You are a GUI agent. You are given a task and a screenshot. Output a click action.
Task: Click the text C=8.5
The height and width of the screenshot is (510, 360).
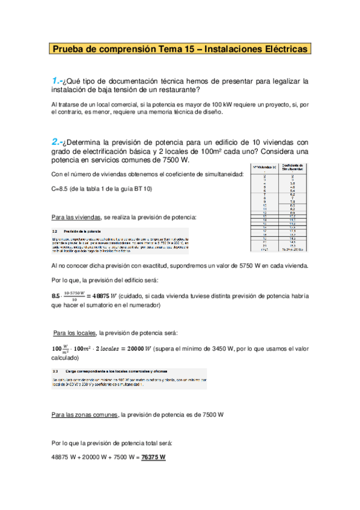point(62,188)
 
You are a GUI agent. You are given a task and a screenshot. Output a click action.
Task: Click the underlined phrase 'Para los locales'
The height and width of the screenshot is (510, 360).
point(75,333)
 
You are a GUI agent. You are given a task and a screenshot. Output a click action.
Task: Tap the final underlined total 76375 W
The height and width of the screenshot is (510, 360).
point(153,457)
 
